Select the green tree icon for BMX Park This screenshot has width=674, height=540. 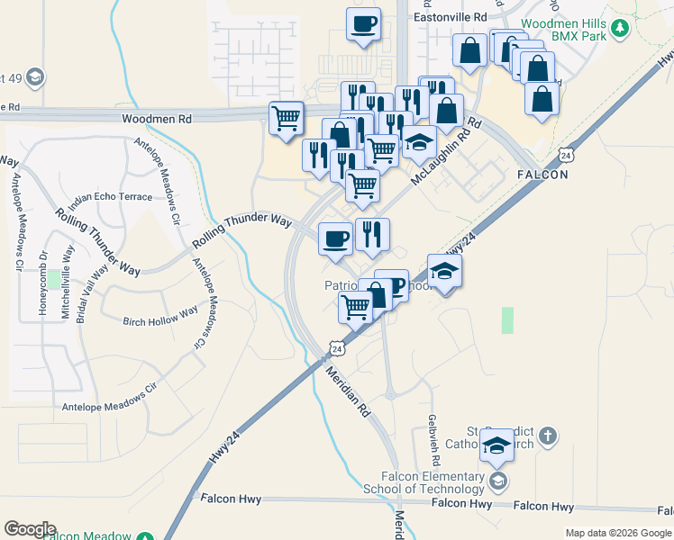pyautogui.click(x=619, y=29)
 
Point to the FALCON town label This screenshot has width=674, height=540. pyautogui.click(x=542, y=175)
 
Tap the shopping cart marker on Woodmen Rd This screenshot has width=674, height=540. pyautogui.click(x=287, y=117)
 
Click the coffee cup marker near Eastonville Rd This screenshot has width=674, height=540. pyautogui.click(x=363, y=24)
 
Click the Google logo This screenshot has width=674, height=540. pyautogui.click(x=30, y=529)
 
